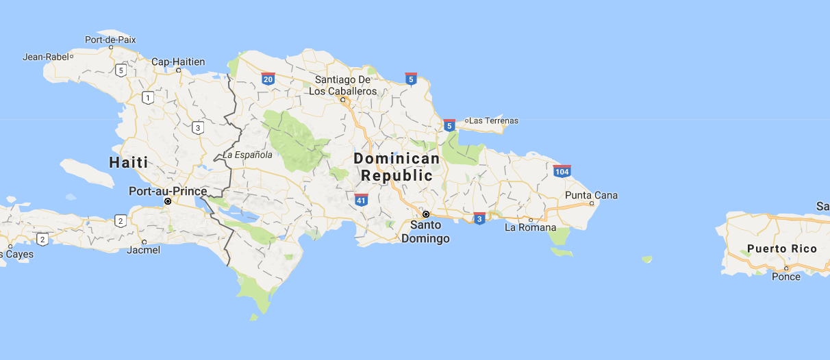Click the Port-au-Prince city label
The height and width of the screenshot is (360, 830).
coord(168,191)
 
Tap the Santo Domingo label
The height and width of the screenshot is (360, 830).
coord(425,231)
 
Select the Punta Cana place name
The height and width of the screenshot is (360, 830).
coord(591,195)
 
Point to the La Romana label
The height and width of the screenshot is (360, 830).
coord(530,227)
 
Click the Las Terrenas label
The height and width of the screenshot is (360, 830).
coord(493,120)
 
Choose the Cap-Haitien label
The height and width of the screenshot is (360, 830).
coord(178,62)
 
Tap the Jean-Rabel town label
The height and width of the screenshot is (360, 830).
coord(46,57)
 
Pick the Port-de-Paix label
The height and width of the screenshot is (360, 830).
coord(110,40)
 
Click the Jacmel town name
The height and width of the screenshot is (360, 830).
coord(143,250)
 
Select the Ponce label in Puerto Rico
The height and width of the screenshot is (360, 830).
coord(785,277)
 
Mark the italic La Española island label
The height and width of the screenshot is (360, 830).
coord(247,155)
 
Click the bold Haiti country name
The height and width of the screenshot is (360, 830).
coord(129,162)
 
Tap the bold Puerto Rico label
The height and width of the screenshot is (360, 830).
coord(782,248)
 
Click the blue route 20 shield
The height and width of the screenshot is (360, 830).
coord(268,79)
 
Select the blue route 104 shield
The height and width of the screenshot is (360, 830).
coord(562,170)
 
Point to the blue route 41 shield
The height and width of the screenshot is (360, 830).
coord(361,200)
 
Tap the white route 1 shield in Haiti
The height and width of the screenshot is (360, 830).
coord(147,98)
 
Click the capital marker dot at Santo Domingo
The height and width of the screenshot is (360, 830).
coord(425,214)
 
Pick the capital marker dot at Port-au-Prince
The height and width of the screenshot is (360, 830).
coord(168,201)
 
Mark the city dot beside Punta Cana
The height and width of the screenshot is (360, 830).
coord(591,203)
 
